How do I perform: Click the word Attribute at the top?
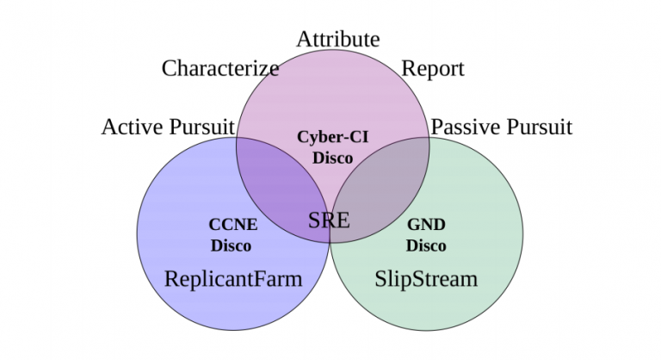point(337,39)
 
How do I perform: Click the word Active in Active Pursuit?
point(130,127)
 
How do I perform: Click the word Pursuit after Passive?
point(538,127)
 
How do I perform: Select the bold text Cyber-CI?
point(333,137)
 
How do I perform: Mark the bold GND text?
point(426,226)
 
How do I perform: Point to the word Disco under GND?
point(426,245)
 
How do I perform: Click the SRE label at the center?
point(330,219)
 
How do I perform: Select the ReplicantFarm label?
point(233,279)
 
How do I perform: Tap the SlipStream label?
point(426,279)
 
